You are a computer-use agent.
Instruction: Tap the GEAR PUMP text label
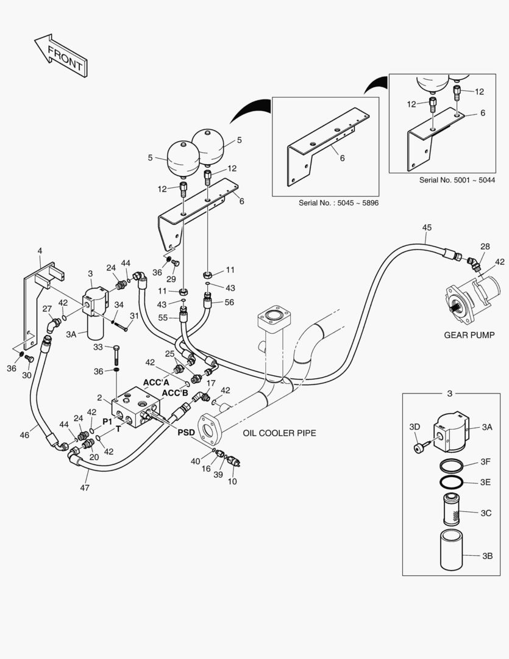[469, 334]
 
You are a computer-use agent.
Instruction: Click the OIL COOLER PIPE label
[279, 433]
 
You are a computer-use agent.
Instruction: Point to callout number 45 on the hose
[427, 228]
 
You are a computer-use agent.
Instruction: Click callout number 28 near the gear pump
[485, 246]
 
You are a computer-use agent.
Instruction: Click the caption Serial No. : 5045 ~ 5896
[338, 203]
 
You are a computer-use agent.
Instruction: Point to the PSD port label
[187, 432]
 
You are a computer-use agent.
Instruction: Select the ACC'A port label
[156, 383]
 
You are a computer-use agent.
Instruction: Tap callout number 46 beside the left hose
[24, 435]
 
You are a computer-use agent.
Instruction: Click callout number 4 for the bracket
[40, 251]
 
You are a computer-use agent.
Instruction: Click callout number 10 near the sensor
[232, 482]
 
